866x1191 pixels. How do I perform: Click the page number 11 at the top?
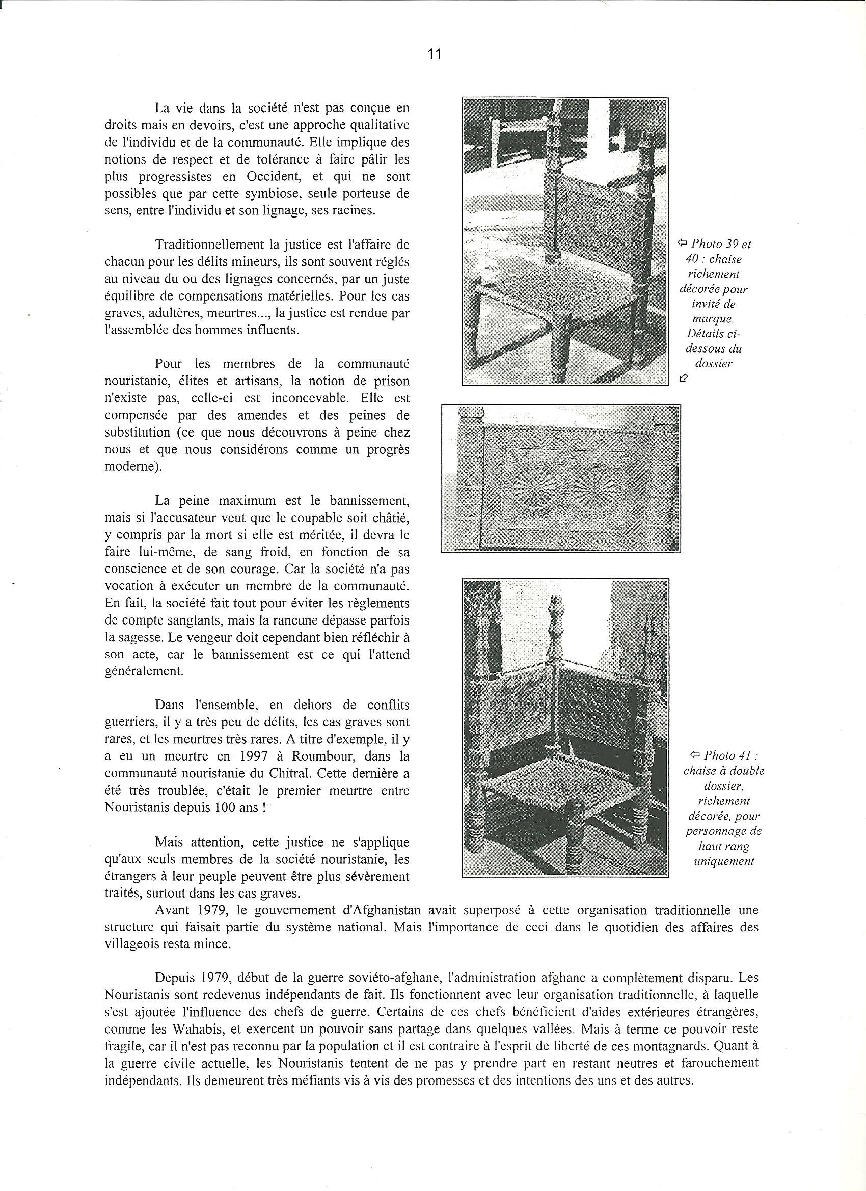click(x=434, y=54)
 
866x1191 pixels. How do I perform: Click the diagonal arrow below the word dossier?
click(x=683, y=377)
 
